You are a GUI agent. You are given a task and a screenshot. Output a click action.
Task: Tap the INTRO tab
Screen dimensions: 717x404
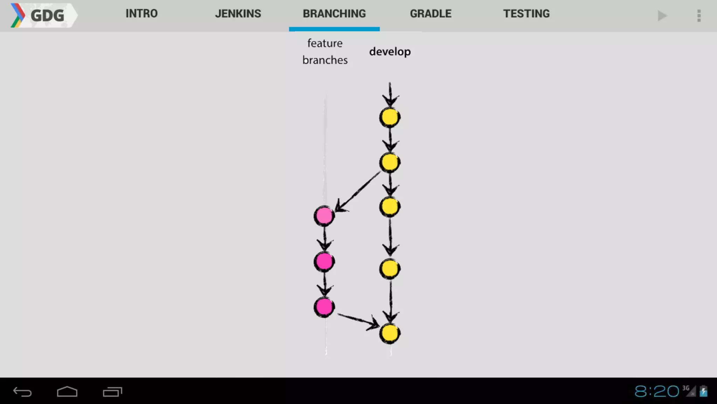coord(141,14)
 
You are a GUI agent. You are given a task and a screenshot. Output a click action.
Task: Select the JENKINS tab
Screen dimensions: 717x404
coord(238,14)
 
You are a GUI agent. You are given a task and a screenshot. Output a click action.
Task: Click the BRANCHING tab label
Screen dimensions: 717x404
coord(334,14)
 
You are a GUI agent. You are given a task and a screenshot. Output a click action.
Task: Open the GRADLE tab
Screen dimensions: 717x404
coord(431,14)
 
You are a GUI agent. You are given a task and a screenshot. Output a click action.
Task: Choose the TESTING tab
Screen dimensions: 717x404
coord(526,14)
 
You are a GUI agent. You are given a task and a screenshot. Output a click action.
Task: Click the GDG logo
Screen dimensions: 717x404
coord(42,15)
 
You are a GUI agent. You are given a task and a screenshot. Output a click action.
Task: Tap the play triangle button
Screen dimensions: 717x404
coord(662,16)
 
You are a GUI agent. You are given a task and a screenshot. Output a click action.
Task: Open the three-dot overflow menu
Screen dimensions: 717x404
coord(699,16)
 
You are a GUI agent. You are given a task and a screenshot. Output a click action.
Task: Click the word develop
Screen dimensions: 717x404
coord(390,52)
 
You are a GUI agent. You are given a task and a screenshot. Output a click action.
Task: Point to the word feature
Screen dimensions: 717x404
coord(325,43)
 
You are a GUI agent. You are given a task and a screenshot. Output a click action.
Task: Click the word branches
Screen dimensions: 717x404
coord(325,60)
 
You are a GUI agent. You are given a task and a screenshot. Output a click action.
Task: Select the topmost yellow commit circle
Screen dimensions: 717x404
coord(390,117)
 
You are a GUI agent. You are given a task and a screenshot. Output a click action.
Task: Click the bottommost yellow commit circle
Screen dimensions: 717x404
coord(390,333)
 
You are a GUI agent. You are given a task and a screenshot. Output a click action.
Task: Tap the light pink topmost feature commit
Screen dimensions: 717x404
coord(324,216)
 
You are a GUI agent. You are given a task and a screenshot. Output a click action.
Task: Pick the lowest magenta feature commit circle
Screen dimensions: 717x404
coord(324,307)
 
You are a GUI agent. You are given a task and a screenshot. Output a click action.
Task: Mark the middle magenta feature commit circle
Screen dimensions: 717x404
coord(324,262)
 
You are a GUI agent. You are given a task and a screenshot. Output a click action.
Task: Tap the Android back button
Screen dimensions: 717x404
coord(22,392)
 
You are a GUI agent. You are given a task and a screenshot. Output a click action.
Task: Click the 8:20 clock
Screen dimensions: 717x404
coord(657,391)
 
